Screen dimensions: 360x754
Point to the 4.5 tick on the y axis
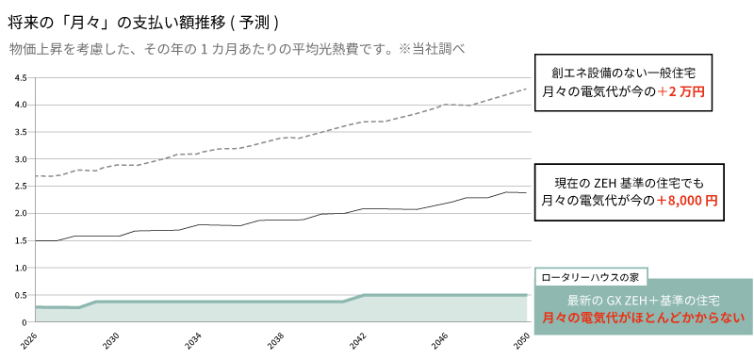pos(20,78)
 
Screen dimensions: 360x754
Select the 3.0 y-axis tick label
pos(20,159)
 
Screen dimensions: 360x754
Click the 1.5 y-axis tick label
pos(20,241)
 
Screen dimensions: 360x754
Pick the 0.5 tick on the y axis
pos(20,295)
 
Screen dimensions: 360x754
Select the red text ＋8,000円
pos(687,201)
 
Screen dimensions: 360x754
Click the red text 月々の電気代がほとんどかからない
pos(644,319)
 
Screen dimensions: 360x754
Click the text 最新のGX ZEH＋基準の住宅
pos(644,300)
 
